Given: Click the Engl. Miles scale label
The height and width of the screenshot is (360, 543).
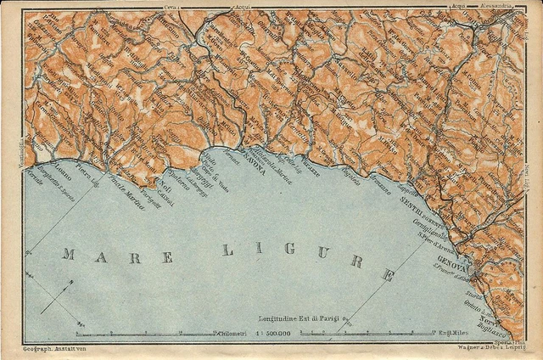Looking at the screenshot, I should click(449, 334).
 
